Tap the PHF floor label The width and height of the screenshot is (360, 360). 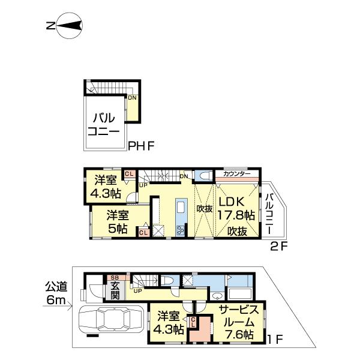point(142,145)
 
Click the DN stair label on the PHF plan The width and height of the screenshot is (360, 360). point(131,98)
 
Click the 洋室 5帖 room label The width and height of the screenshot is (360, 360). point(118,221)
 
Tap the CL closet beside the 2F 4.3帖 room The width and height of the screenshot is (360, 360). point(128,174)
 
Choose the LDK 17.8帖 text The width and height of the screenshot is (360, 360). point(236,208)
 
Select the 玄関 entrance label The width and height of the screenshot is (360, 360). point(114,290)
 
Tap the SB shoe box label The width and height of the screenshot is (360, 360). point(114,278)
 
